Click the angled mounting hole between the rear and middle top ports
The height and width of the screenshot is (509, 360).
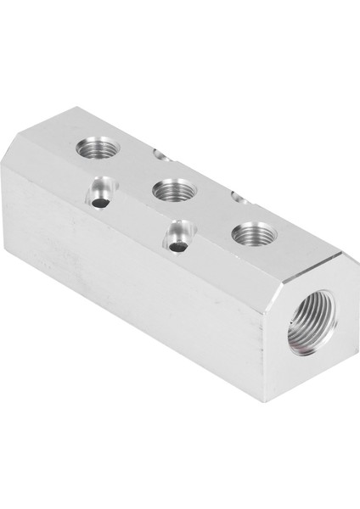(100, 200)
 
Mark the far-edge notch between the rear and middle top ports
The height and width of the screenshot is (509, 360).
(162, 154)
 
